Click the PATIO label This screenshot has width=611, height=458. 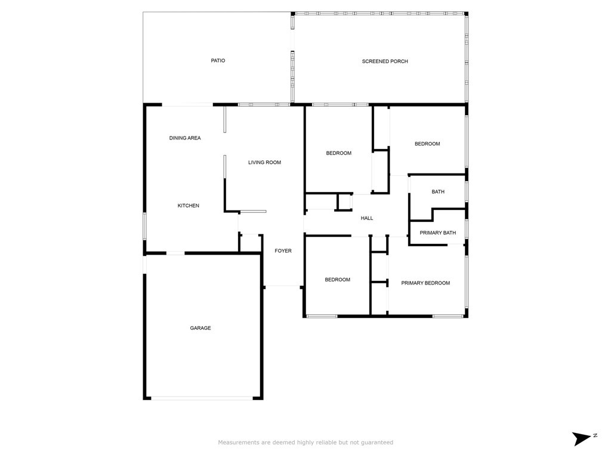[x=218, y=61]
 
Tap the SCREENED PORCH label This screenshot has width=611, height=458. [x=385, y=61]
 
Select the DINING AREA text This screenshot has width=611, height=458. [x=185, y=138]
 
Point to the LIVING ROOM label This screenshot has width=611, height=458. [x=264, y=162]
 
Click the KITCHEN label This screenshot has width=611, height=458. [x=189, y=206]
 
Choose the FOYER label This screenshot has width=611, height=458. [x=283, y=251]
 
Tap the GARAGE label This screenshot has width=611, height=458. [x=200, y=329]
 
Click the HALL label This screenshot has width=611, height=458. [x=367, y=218]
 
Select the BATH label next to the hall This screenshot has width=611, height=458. [x=438, y=191]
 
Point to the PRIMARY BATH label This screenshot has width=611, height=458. [x=438, y=233]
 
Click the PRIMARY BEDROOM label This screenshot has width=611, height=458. [x=425, y=283]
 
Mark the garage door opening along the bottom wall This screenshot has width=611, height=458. [x=202, y=398]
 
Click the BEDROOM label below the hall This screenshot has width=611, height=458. [x=338, y=280]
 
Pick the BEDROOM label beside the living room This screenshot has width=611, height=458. [x=339, y=153]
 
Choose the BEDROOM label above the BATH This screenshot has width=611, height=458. [x=427, y=144]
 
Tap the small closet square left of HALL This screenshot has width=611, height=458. [x=344, y=202]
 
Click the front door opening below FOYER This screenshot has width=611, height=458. [x=283, y=286]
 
